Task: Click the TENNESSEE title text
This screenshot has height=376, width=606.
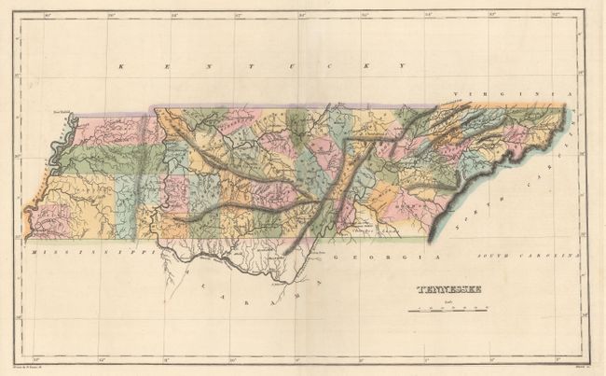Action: (x=447, y=288)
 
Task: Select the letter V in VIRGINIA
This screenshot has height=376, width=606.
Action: (x=457, y=94)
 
